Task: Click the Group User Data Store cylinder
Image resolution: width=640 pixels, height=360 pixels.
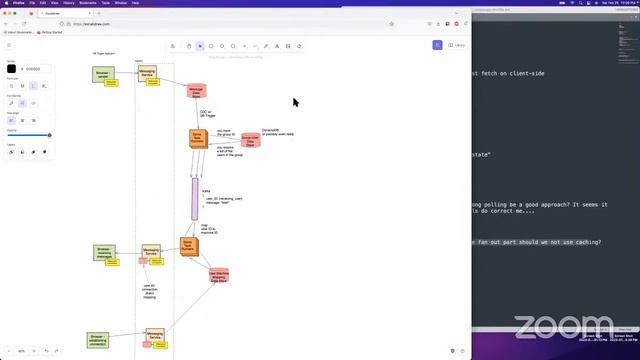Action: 250,140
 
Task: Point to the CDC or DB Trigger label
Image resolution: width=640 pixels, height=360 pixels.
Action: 205,114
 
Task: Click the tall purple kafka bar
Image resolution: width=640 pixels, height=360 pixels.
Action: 195,199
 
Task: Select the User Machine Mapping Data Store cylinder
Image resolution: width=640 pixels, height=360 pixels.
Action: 219,275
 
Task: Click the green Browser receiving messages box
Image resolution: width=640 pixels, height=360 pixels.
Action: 103,253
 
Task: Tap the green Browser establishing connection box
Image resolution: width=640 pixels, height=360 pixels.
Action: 98,340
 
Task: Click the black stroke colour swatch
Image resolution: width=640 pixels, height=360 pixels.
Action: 12,69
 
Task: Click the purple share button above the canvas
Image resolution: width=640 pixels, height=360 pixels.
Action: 437,45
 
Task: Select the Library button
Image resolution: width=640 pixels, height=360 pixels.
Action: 457,45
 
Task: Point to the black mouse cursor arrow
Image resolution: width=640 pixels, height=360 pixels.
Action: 296,102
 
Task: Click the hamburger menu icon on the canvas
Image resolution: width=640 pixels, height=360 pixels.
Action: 10,45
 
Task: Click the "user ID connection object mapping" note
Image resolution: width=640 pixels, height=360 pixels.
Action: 149,290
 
